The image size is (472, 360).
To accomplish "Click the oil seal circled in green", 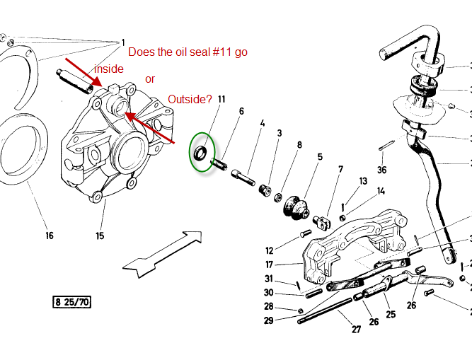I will (202, 151).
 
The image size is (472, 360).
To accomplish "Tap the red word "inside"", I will (109, 69).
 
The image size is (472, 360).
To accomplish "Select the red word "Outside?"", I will (189, 100).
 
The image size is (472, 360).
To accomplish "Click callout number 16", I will (48, 236).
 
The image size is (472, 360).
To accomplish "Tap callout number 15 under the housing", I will (100, 236).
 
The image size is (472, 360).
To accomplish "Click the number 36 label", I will (382, 169).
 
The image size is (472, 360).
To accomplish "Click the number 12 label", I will (269, 250).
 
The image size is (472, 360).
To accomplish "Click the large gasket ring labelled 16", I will (18, 152).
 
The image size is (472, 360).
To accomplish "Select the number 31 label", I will (269, 278).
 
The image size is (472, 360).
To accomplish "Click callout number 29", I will (269, 320).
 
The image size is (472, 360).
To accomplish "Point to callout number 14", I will (381, 191).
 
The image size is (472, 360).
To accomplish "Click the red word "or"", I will (150, 79).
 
